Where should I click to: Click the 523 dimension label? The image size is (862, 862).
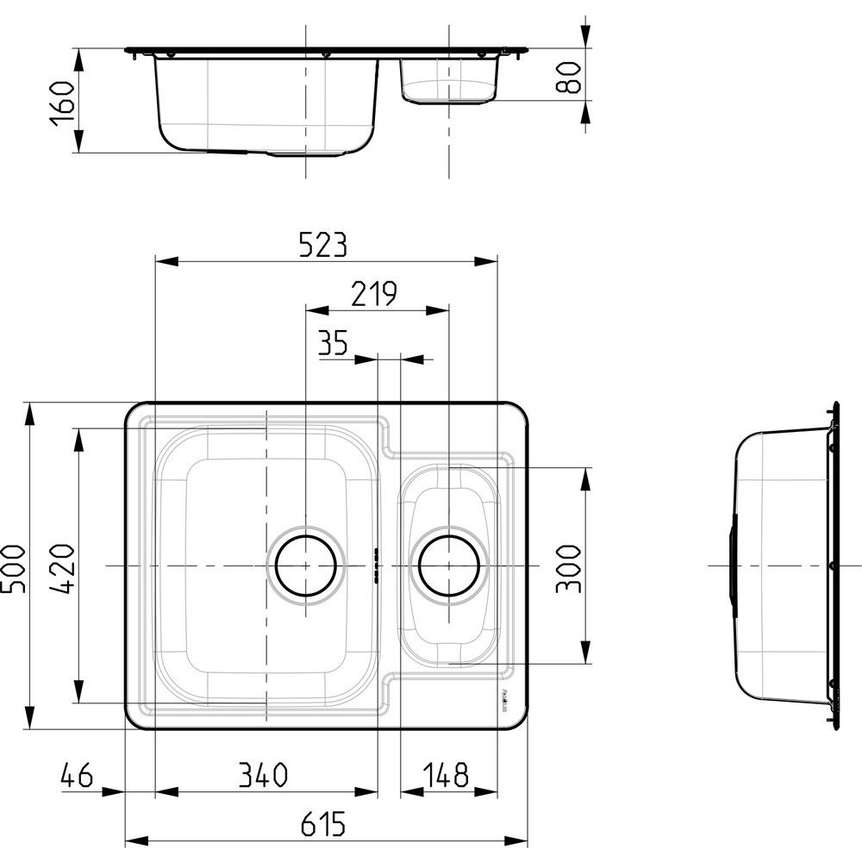tap(323, 245)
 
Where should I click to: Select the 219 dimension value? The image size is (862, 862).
tap(374, 294)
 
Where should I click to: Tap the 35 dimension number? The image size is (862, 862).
tap(333, 342)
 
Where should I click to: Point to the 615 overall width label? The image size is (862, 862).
tap(323, 824)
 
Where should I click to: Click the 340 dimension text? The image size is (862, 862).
tap(263, 775)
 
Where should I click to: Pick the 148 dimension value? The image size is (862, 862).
tap(446, 775)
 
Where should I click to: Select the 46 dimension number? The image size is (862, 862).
tap(77, 775)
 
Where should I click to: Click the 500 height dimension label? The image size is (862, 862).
tap(13, 569)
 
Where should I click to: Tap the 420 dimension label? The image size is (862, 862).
tap(62, 568)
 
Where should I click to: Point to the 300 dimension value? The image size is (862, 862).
tap(568, 569)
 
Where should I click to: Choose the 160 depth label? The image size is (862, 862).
tap(61, 103)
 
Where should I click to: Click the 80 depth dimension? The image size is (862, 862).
tap(568, 78)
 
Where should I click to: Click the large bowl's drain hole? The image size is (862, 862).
tap(306, 565)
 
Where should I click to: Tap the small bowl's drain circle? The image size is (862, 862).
tap(448, 565)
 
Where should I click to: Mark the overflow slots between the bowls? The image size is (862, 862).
tap(377, 565)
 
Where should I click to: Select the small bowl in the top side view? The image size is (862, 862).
tap(449, 80)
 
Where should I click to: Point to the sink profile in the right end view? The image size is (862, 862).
tap(786, 565)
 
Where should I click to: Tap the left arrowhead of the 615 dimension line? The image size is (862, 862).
tap(137, 840)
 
